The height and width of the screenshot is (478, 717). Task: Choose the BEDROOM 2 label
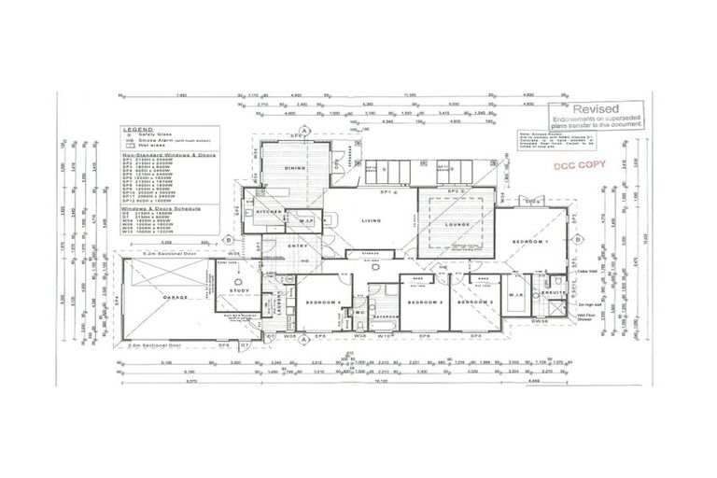475,302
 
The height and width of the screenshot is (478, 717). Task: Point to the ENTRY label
297,246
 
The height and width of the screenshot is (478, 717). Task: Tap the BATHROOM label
386,316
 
